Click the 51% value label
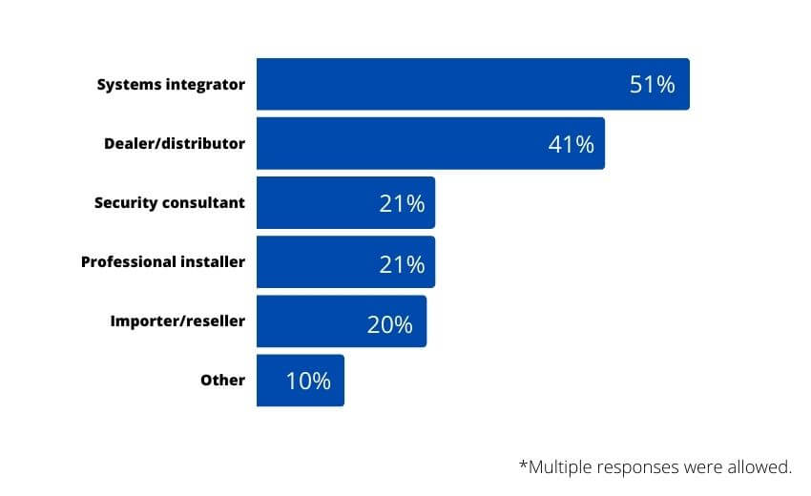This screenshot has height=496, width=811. [652, 84]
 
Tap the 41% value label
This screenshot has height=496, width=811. [571, 144]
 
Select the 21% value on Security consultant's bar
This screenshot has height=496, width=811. [401, 203]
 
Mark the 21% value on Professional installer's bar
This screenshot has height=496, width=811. [401, 263]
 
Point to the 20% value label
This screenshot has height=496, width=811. [389, 324]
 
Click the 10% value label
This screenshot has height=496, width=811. [308, 382]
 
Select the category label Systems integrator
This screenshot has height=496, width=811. [171, 85]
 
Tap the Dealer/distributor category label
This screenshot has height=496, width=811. [175, 144]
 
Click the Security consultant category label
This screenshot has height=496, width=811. [170, 203]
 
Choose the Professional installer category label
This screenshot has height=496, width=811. [163, 262]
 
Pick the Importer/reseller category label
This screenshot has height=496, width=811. [177, 321]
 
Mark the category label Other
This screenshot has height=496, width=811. [222, 381]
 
